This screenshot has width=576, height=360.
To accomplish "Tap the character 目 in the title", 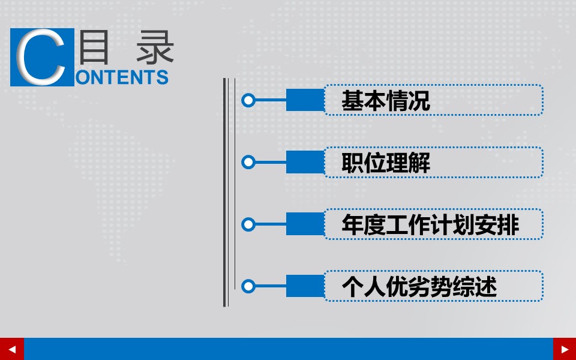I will click(95, 47).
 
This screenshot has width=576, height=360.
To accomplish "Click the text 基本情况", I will click(386, 101).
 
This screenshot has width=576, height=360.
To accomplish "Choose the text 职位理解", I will click(386, 163).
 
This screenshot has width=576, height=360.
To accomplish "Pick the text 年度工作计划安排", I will click(430, 225).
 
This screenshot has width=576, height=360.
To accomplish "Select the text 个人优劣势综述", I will click(419, 287).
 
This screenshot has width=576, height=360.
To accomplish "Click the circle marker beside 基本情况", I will click(248, 100).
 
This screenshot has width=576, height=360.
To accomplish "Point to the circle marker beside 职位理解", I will click(248, 162).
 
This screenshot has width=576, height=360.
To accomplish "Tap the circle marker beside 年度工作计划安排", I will click(248, 224).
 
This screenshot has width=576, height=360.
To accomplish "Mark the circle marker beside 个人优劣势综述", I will click(248, 286).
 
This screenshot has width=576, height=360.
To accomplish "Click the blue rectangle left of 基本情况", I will click(305, 100).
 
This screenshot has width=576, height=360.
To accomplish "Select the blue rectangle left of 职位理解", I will click(305, 162).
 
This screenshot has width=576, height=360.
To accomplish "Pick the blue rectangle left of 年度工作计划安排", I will click(305, 224).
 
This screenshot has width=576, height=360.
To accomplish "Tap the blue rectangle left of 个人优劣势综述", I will click(305, 286).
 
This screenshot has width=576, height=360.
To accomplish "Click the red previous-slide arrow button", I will click(12, 349).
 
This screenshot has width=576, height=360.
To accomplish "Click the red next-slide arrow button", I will click(564, 349).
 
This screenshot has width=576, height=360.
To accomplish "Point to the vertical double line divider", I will click(226, 192).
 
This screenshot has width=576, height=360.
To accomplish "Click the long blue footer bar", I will click(288, 349).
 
